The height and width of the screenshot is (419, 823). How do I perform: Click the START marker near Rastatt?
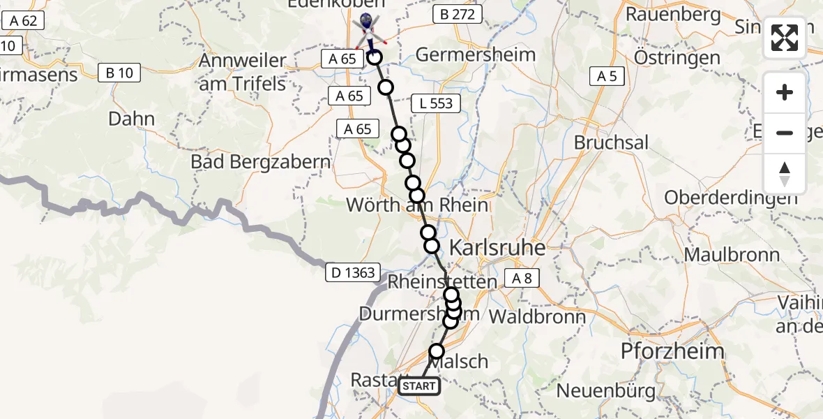pos(419,385)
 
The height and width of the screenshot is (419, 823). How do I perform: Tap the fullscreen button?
pos(785,38)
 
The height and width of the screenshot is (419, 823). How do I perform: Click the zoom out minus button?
pos(785,133)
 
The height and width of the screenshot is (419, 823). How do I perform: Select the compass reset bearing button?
pos(785,174)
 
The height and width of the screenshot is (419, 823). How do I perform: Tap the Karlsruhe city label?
pos(497,247)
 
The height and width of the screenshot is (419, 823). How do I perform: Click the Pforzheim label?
pos(672,351)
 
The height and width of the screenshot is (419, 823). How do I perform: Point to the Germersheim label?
pos(476,54)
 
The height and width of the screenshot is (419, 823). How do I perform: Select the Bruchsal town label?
pos(611,142)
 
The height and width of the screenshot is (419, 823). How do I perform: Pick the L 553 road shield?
pos(436,103)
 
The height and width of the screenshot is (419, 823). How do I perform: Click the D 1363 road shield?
pos(354,273)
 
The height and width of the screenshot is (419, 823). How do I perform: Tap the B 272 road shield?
pos(457,14)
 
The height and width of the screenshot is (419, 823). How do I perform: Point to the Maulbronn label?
pos(732,254)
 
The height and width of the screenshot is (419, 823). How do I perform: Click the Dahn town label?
pos(131,119)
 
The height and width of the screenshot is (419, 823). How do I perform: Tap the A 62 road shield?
pos(23,21)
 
